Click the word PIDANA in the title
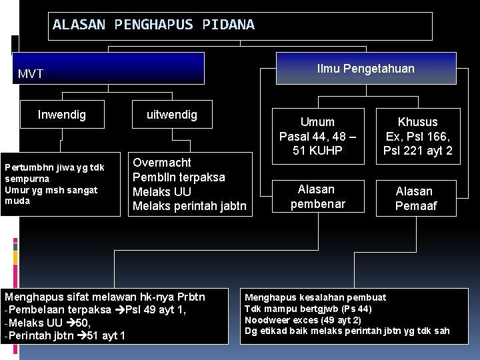click(x=232, y=25)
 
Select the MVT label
click(x=31, y=73)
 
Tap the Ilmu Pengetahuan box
click(x=366, y=69)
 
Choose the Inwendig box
click(x=62, y=115)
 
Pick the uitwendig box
click(x=172, y=115)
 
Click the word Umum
click(x=317, y=122)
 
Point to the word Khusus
click(x=417, y=122)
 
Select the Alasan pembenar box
click(x=317, y=197)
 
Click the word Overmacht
click(x=162, y=163)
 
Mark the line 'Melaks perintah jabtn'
click(x=189, y=207)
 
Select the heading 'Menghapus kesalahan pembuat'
click(x=315, y=297)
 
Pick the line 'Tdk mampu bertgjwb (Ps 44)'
click(x=307, y=309)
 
